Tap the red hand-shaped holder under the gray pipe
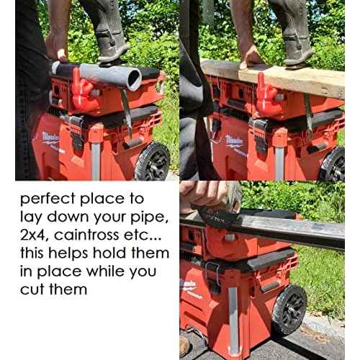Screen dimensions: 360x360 click(84, 92)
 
